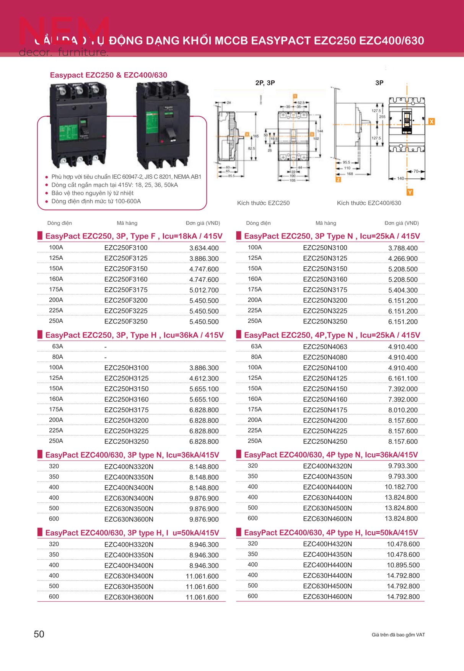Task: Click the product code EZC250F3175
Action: [x=126, y=290]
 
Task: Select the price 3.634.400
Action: [x=204, y=248]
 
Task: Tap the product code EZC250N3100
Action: [x=325, y=248]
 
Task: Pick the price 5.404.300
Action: [x=403, y=290]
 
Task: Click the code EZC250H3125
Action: [x=126, y=378]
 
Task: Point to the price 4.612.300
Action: [x=204, y=379]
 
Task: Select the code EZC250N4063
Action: [x=325, y=347]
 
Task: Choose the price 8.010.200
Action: [x=403, y=410]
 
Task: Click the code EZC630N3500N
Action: [x=129, y=509]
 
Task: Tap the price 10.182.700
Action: [x=401, y=487]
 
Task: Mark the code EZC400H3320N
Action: [x=129, y=544]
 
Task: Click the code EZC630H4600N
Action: [x=327, y=596]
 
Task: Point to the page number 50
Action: [x=39, y=634]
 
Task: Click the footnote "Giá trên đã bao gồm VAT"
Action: [x=398, y=635]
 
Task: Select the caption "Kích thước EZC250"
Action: [x=263, y=203]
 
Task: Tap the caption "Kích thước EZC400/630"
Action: [x=369, y=203]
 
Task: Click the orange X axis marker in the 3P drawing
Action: [x=431, y=122]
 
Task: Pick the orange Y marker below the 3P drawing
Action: [x=410, y=192]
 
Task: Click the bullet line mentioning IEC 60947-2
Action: [x=126, y=177]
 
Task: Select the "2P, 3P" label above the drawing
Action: [x=265, y=83]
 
